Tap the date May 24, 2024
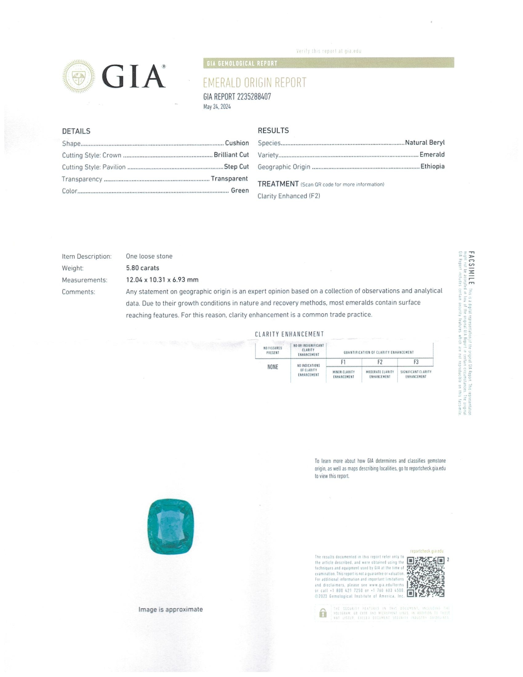pos(217,107)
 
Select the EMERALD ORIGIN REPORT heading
pos(254,83)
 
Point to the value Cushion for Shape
pos(237,143)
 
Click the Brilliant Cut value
pos(231,155)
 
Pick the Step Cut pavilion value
pos(236,166)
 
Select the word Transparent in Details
pos(229,178)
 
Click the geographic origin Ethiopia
pos(432,166)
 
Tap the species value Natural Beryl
pos(425,142)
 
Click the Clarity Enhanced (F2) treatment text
pos(289,196)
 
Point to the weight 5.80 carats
pos(142,268)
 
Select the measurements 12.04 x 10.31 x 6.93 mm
pos(162,280)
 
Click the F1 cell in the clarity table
pos(343,362)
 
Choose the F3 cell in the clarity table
pos(416,362)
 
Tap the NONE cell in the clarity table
pos(273,367)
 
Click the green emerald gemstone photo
pos(170,527)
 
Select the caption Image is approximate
pos(170,609)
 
